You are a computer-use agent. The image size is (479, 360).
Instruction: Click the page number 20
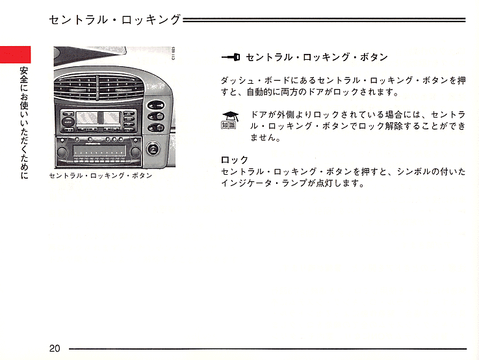[55, 348]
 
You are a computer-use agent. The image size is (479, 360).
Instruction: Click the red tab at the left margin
[16, 55]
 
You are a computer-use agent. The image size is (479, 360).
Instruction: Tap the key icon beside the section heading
[231, 57]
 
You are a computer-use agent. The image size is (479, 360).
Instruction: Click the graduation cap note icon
[230, 120]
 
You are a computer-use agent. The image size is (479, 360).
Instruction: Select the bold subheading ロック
[235, 160]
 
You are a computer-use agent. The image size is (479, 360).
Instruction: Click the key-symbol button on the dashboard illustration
[156, 106]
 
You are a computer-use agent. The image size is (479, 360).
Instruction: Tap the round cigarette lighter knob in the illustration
[153, 149]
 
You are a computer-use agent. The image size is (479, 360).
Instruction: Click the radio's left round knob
[62, 151]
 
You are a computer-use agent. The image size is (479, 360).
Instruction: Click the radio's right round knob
[135, 151]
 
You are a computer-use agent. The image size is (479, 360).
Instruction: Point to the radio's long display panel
[99, 151]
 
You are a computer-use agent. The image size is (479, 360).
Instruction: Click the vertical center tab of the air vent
[97, 88]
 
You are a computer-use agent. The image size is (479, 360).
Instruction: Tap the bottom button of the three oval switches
[156, 127]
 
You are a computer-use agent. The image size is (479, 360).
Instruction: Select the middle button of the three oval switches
[156, 116]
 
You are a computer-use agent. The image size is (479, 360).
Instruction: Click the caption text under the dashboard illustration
[101, 175]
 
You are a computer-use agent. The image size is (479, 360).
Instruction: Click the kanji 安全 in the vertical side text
[24, 75]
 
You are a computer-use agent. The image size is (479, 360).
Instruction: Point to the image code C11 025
[174, 53]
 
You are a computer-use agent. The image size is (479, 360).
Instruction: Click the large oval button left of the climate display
[68, 122]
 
